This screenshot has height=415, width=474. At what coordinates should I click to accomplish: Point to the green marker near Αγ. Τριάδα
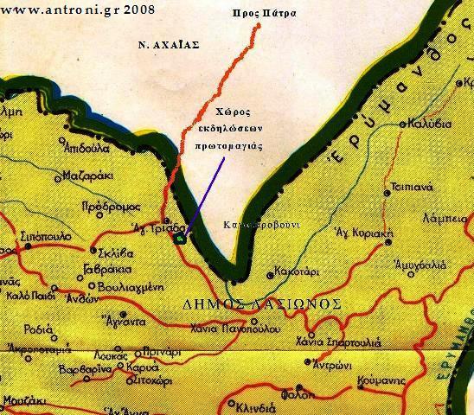180,238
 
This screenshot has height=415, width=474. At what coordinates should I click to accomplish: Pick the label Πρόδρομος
106,208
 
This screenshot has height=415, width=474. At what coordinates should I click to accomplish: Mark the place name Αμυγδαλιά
420,265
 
